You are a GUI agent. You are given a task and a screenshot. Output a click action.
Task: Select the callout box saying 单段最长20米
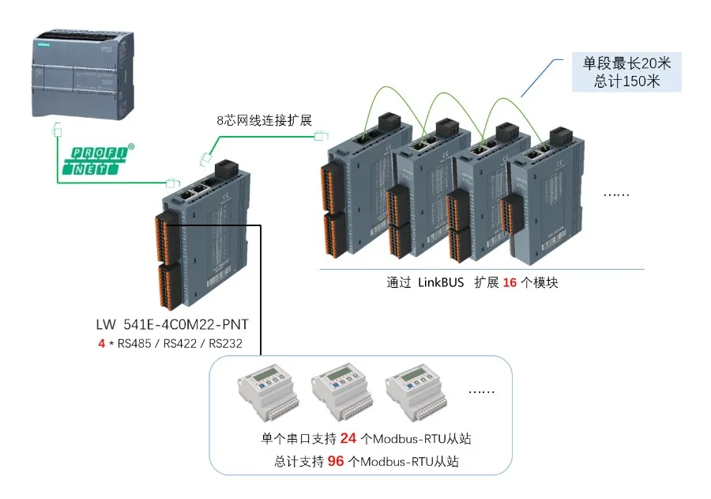point(626,64)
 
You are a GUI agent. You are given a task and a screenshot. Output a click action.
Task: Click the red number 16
point(510,282)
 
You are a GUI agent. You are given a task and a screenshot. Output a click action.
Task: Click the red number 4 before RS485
point(100,344)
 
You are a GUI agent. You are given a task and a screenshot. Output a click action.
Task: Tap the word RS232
point(224,344)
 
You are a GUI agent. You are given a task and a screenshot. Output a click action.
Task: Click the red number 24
point(349,438)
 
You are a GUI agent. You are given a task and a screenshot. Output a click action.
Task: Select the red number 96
point(336,461)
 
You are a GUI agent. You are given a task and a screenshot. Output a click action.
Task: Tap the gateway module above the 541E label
point(201,237)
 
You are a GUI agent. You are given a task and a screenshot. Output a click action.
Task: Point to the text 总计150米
point(626,81)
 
